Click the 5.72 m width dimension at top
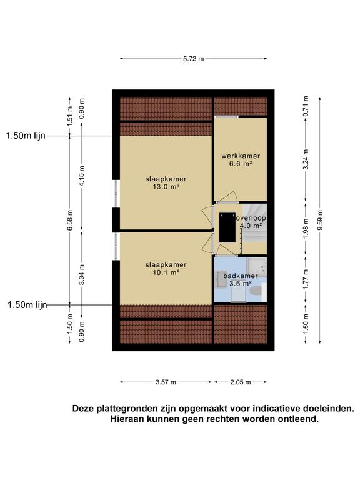click(193, 58)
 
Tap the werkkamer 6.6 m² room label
click(240, 160)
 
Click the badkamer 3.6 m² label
click(240, 279)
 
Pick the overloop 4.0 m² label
click(251, 222)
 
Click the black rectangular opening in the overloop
click(226, 229)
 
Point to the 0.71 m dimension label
click(305, 106)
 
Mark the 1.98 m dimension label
click(305, 228)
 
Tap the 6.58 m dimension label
click(69, 219)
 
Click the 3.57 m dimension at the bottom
click(166, 382)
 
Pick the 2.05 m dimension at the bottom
click(240, 382)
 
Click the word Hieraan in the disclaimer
click(128, 419)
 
